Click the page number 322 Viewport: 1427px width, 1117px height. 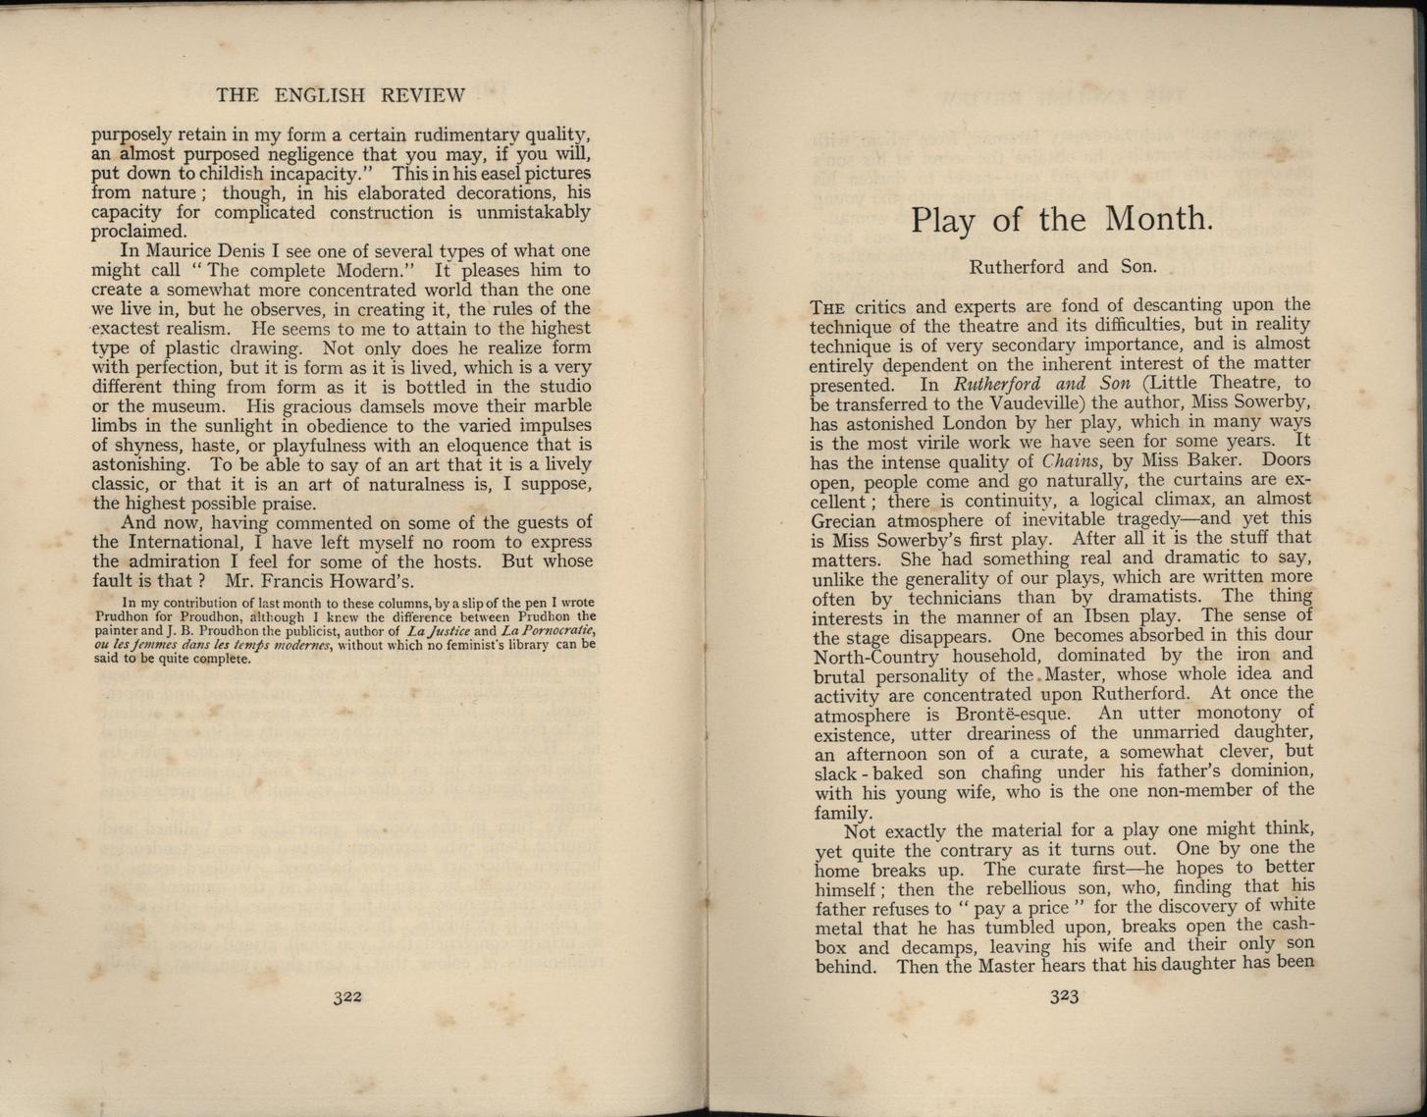pos(347,996)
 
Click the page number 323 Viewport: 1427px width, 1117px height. pos(1064,997)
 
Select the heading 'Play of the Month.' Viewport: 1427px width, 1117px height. pos(1062,218)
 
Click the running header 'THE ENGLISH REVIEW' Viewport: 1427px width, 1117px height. pos(340,95)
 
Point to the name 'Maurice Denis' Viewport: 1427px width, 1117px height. pos(207,250)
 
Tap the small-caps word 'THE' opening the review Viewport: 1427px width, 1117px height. pos(826,306)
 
